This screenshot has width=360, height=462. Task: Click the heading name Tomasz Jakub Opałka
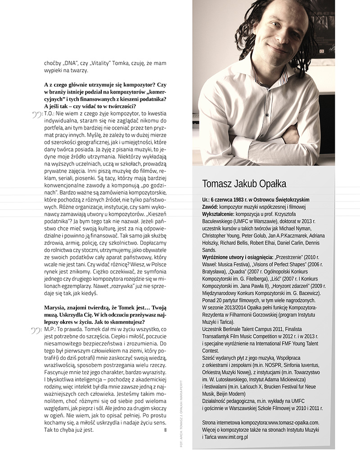pos(244,184)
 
